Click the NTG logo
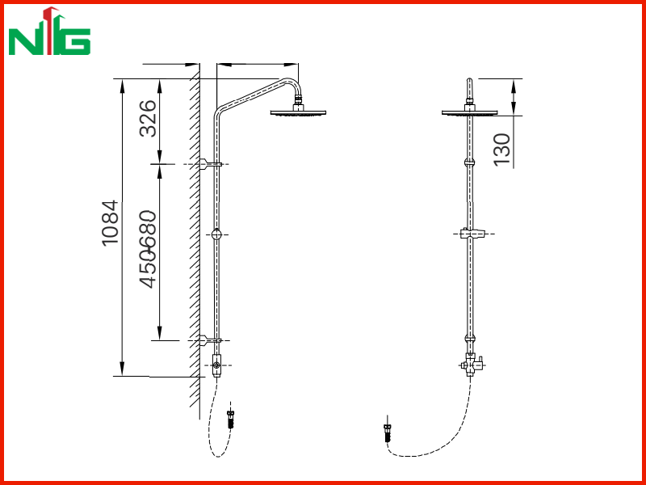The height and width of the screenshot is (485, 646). click(x=49, y=31)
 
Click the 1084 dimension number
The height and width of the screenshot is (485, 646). click(x=111, y=223)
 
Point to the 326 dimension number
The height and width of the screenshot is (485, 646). click(x=149, y=118)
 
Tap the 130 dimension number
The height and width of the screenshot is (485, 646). click(x=502, y=150)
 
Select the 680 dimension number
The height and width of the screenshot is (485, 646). click(x=149, y=230)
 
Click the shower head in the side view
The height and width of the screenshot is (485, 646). click(x=298, y=110)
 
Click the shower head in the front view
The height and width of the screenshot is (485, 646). click(x=470, y=110)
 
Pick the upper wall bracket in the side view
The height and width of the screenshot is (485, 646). click(x=210, y=164)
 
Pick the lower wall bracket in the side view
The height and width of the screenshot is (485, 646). click(x=210, y=340)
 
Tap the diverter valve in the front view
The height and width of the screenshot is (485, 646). click(x=472, y=365)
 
